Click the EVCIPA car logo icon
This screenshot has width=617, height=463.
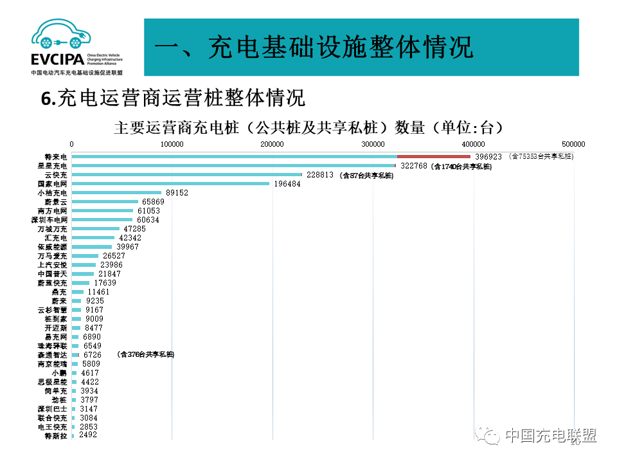pyautogui.click(x=61, y=35)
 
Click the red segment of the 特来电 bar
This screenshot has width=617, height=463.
pyautogui.click(x=434, y=156)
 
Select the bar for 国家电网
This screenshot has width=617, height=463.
pyautogui.click(x=170, y=183)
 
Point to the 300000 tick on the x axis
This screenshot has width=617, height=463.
pyautogui.click(x=373, y=143)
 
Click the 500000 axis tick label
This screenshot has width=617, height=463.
pyautogui.click(x=573, y=143)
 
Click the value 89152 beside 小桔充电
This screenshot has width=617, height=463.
pyautogui.click(x=177, y=192)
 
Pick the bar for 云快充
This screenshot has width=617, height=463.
pyautogui.click(x=186, y=174)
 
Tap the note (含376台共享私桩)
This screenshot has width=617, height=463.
pyautogui.click(x=145, y=354)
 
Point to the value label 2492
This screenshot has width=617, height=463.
pyautogui.click(x=88, y=435)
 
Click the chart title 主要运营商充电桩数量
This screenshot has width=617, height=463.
pyautogui.click(x=308, y=127)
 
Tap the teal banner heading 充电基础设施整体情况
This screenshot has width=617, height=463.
pyautogui.click(x=314, y=47)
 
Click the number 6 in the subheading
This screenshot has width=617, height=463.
pyautogui.click(x=45, y=99)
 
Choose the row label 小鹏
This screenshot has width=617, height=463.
pyautogui.click(x=59, y=372)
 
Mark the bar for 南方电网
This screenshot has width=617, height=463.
pyautogui.click(x=102, y=210)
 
